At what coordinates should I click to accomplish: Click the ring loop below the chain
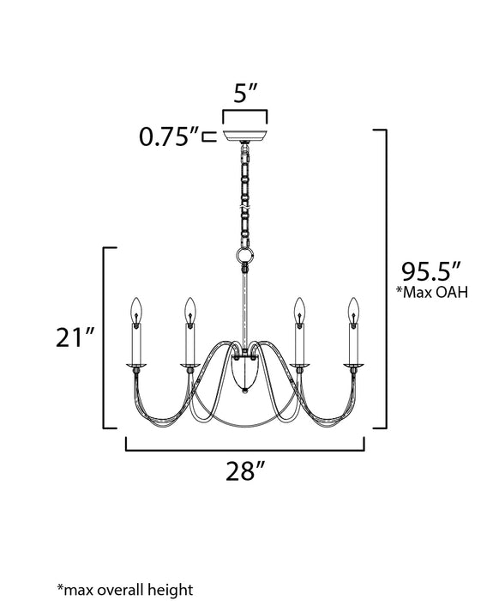coord(244,256)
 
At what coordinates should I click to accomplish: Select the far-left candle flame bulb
coord(135,308)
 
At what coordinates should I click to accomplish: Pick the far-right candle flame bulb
coord(352,308)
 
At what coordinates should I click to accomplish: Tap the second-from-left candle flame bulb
coord(190,308)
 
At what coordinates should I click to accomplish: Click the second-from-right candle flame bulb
coord(298,308)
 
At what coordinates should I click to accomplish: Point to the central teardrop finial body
coord(244,372)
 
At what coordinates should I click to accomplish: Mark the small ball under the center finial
coord(244,391)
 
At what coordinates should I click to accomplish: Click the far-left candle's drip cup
coord(135,365)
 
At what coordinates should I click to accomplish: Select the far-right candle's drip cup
coord(353,365)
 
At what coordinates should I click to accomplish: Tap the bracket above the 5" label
coord(244,110)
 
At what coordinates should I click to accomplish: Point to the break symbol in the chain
coord(244,207)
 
